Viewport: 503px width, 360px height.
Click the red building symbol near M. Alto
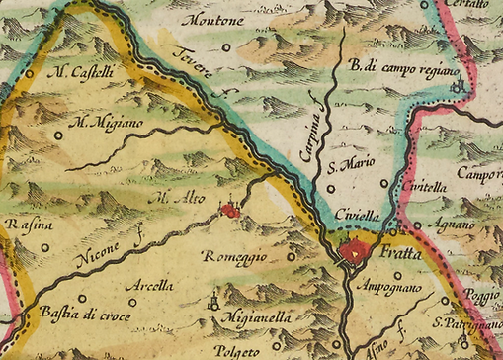[x=230, y=209]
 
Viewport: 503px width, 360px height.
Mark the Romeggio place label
[x=235, y=257]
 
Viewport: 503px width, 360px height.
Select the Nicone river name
[x=96, y=256]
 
